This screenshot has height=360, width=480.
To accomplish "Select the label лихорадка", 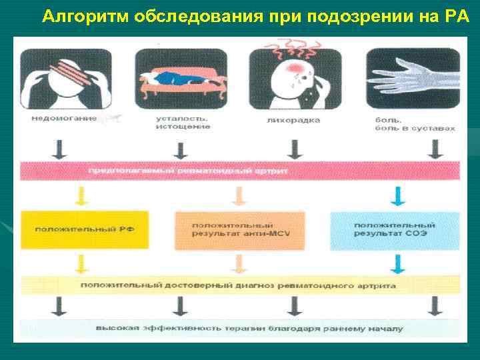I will [294, 120].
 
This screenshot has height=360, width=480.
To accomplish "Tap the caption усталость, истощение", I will [183, 123].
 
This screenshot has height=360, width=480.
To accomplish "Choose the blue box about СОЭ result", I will [395, 230].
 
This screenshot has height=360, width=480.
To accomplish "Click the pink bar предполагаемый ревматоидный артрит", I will [240, 171].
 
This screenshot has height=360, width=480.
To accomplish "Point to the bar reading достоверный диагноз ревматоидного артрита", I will [240, 285].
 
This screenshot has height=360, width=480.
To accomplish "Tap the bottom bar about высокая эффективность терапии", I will [240, 329].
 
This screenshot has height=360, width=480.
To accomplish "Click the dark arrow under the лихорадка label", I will [293, 148].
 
